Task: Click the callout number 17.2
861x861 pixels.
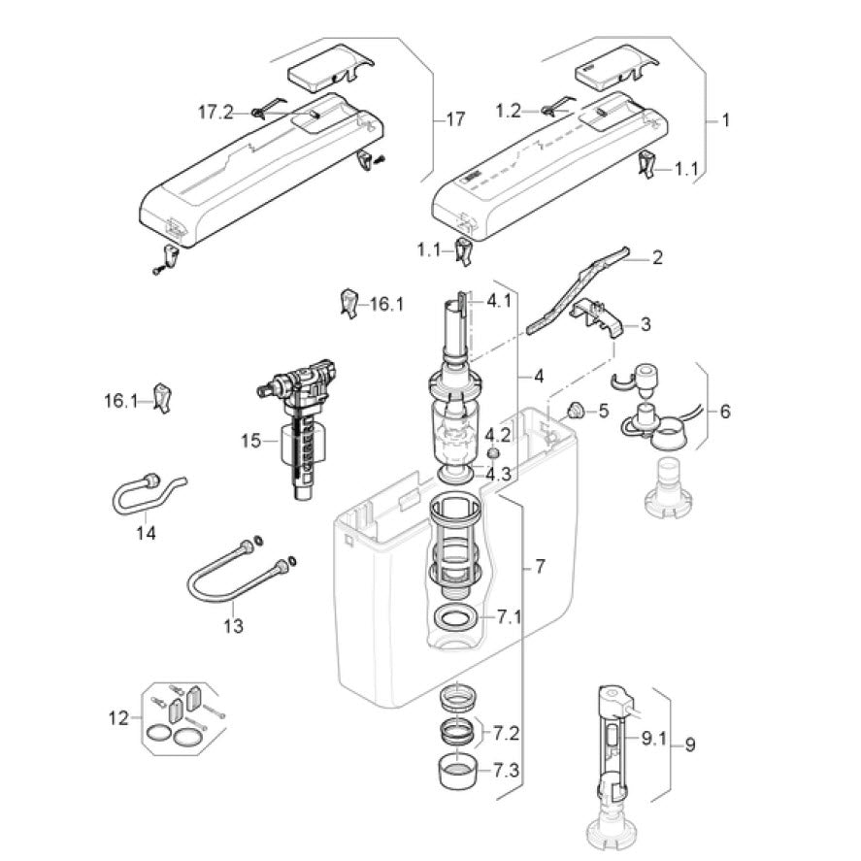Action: pyautogui.click(x=215, y=113)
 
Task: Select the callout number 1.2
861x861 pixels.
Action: pyautogui.click(x=509, y=112)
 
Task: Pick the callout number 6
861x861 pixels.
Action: pyautogui.click(x=725, y=411)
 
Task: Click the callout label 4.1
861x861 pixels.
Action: pyautogui.click(x=499, y=301)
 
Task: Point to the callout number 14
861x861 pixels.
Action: pyautogui.click(x=146, y=532)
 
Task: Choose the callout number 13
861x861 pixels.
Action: pyautogui.click(x=233, y=626)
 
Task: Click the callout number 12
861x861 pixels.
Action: pyautogui.click(x=117, y=718)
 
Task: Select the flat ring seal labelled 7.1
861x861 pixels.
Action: pyautogui.click(x=456, y=617)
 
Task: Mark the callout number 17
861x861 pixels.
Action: pyautogui.click(x=454, y=119)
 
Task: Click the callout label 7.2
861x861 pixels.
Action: pyautogui.click(x=507, y=733)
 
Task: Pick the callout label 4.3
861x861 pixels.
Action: pyautogui.click(x=499, y=474)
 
